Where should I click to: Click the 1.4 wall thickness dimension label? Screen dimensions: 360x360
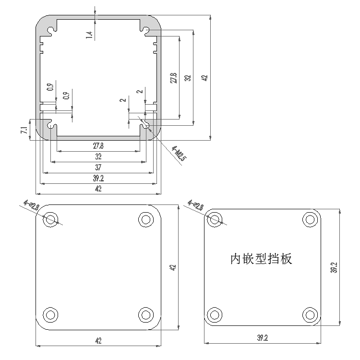88,35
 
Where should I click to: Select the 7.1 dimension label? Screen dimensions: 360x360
24,130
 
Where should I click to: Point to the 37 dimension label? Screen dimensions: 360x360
98,168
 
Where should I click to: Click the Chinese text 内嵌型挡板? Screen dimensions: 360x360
261,259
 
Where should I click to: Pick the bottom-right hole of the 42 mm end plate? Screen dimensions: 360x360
145,314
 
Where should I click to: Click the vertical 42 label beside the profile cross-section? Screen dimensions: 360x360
204,77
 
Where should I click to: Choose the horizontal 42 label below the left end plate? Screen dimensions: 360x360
98,341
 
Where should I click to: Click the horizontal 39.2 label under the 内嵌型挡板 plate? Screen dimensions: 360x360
262,338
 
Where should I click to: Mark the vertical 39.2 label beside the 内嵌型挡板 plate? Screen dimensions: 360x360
334,267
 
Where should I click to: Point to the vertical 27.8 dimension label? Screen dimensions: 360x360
173,78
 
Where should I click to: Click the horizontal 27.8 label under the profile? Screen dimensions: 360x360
98,146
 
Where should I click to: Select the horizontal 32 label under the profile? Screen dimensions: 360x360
98,156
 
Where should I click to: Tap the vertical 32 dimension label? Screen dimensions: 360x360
188,77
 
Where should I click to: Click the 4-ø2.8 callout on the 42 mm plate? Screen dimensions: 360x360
32,206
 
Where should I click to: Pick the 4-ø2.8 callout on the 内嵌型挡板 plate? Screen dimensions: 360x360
196,206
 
